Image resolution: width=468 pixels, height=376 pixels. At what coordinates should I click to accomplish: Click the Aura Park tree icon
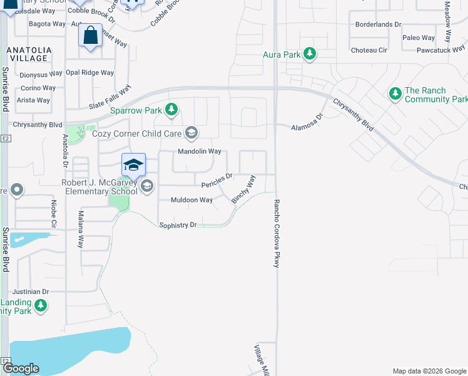[309, 55]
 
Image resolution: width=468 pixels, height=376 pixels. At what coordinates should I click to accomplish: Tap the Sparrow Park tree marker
[172, 111]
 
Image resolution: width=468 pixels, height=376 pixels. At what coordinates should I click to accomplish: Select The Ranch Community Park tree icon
[395, 94]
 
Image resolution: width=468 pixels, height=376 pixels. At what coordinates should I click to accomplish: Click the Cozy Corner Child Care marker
[191, 133]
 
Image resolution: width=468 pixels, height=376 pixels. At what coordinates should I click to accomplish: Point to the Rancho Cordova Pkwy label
[275, 234]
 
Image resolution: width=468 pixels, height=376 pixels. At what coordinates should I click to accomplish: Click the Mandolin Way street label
[200, 152]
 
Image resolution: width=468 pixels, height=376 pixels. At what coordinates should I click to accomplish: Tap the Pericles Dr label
[217, 180]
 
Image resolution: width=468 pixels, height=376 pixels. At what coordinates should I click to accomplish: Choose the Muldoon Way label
[192, 200]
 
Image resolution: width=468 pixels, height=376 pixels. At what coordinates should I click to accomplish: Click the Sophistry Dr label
[178, 224]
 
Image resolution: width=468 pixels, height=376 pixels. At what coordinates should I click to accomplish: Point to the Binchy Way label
[243, 189]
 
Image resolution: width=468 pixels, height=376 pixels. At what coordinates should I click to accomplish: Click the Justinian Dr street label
[29, 291]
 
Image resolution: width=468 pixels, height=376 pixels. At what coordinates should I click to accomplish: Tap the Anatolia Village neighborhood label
[27, 53]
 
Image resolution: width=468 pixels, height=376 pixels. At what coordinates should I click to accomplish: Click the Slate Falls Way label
[109, 99]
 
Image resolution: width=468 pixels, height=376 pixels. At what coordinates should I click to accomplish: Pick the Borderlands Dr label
[377, 24]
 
